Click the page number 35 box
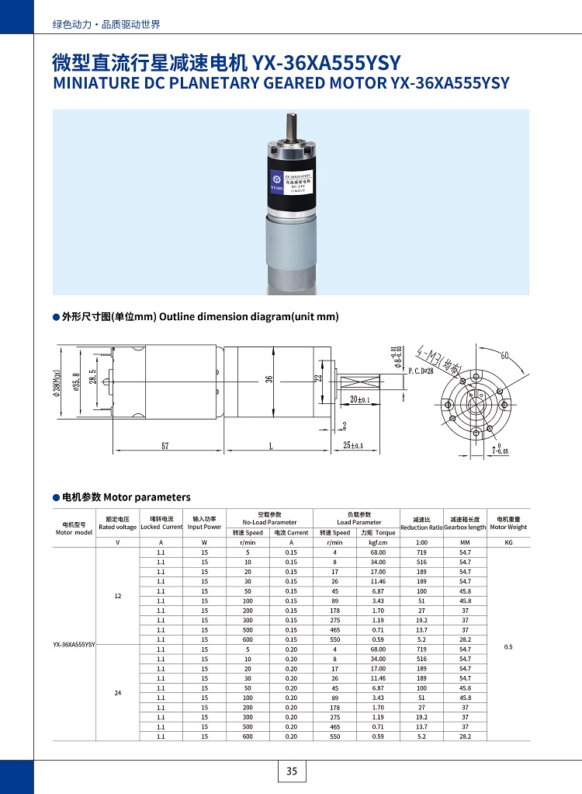tap(292, 771)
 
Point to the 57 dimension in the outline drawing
tap(165, 446)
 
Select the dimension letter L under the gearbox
tap(269, 446)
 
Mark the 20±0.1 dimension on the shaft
tap(359, 399)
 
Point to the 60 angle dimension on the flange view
tap(504, 356)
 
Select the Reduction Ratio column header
tap(421, 523)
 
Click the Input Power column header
tap(204, 523)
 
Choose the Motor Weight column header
tap(508, 523)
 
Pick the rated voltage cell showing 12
tap(118, 596)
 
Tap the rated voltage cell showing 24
tap(118, 692)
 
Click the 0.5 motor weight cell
tap(508, 646)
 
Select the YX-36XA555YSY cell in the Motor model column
tap(74, 645)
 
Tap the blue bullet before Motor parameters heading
tap(56, 497)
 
